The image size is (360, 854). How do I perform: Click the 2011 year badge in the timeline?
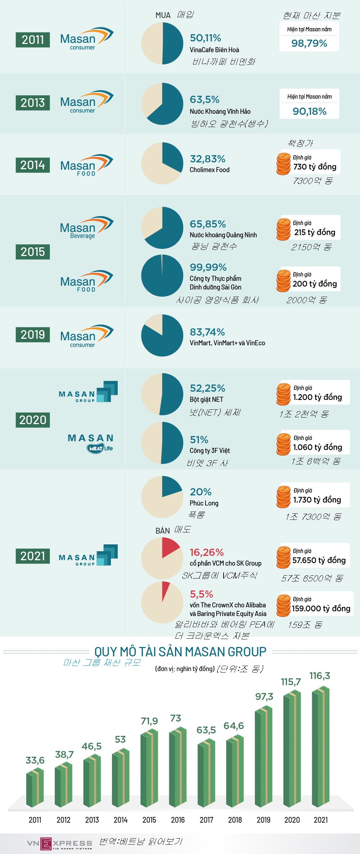coord(33,40)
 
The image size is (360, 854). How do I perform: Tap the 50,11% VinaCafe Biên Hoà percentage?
coord(205,38)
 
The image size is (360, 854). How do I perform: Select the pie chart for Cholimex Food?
coord(162,163)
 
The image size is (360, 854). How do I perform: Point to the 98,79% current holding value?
coord(309,44)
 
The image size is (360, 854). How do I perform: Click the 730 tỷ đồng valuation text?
coord(315,167)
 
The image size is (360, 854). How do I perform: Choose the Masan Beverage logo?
coord(86,228)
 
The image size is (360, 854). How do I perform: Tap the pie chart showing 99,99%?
coord(162,276)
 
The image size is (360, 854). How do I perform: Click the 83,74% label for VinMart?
coord(207,332)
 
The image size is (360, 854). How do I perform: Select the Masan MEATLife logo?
coord(91,443)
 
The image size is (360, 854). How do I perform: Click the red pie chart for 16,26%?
coord(162,558)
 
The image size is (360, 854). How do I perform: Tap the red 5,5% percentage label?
coord(202,594)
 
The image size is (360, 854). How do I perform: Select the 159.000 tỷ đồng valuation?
coord(321,608)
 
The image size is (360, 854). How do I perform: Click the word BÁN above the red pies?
coord(163,531)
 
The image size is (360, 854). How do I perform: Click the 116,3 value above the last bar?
coord(320,676)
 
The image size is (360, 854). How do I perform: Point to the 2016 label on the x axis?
coord(178,820)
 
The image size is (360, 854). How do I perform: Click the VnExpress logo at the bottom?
coord(59,844)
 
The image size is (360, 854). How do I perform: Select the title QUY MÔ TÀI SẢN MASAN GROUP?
coord(180,652)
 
